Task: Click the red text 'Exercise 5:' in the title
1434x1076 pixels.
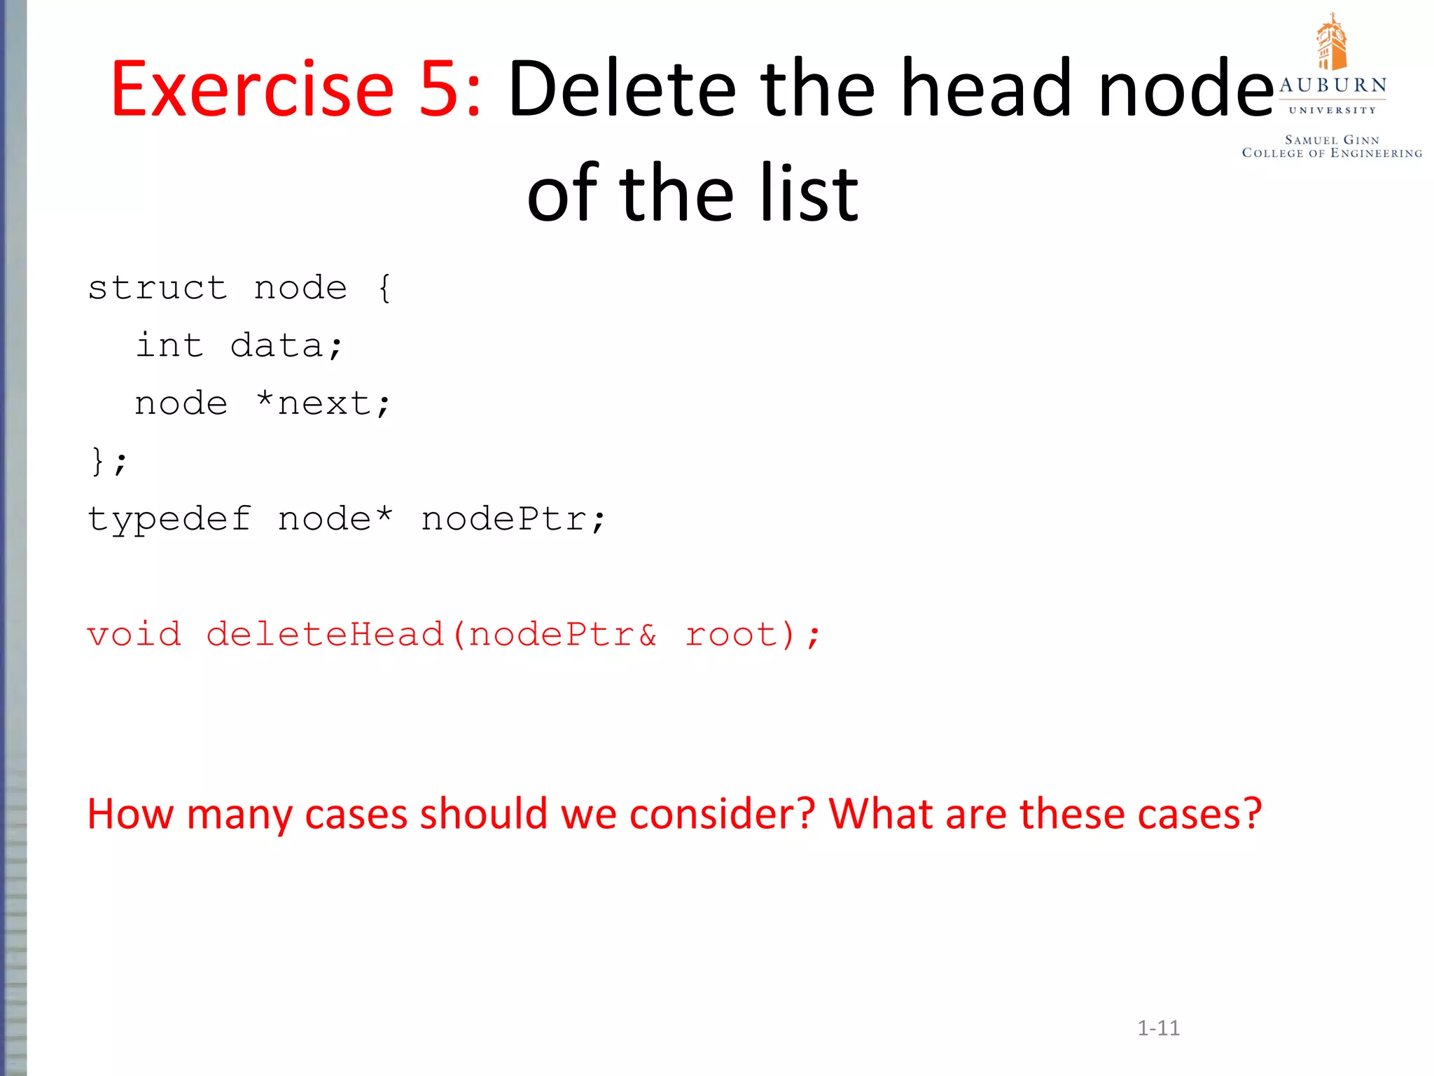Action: pyautogui.click(x=296, y=90)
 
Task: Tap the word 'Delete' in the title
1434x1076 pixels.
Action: pyautogui.click(x=622, y=90)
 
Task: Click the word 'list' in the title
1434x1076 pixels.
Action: pyautogui.click(x=809, y=193)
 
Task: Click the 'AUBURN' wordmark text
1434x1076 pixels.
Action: pyautogui.click(x=1332, y=85)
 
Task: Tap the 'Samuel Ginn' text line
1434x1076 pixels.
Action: pyautogui.click(x=1332, y=140)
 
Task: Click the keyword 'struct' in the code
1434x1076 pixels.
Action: pyautogui.click(x=158, y=288)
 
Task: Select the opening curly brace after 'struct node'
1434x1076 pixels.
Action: pyautogui.click(x=384, y=288)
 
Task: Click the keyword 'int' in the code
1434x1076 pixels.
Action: pyautogui.click(x=169, y=345)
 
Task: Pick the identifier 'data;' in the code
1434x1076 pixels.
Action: pyautogui.click(x=286, y=345)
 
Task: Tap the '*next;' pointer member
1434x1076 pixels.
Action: pyautogui.click(x=323, y=403)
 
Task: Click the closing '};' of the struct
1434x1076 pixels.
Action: pyautogui.click(x=109, y=462)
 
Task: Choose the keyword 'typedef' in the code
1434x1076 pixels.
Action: pyautogui.click(x=169, y=520)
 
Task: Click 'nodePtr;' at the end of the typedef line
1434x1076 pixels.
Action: pyautogui.click(x=513, y=520)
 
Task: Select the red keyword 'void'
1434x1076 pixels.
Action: pyautogui.click(x=134, y=635)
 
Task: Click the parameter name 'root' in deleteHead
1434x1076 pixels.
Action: pyautogui.click(x=731, y=635)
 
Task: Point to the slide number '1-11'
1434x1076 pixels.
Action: pyautogui.click(x=1158, y=1028)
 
